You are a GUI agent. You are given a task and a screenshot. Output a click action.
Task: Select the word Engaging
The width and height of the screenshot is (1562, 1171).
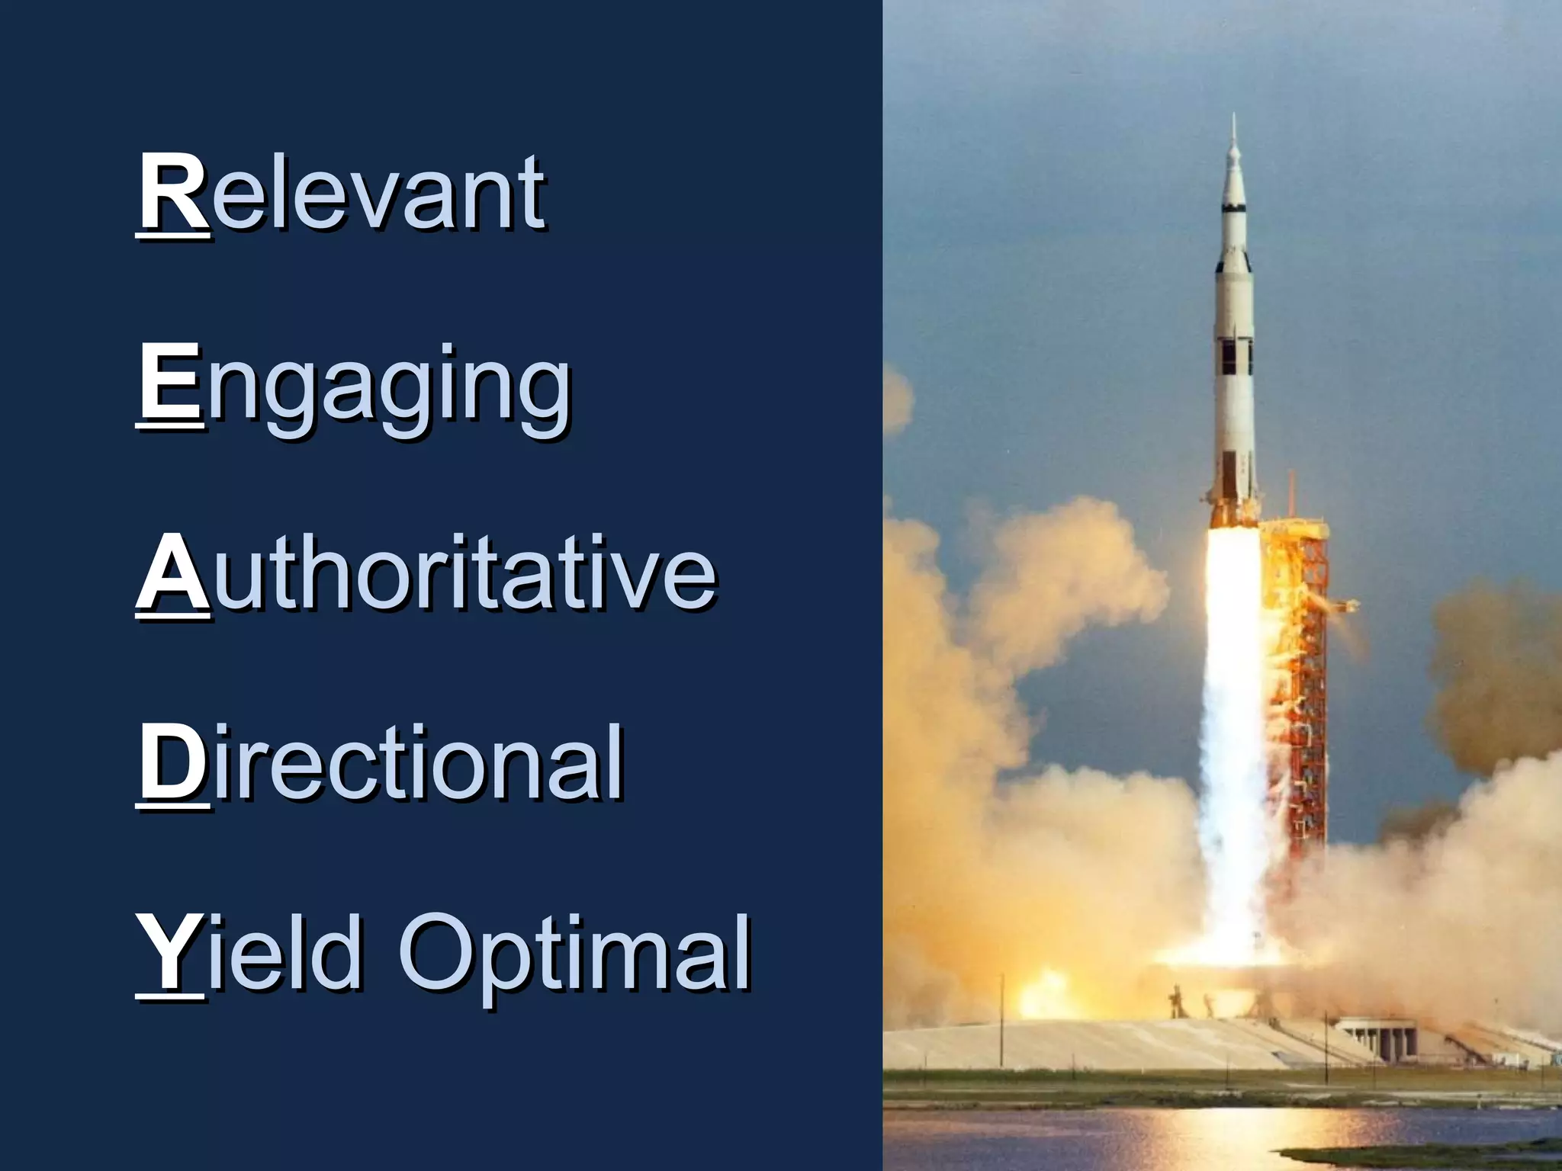click(354, 385)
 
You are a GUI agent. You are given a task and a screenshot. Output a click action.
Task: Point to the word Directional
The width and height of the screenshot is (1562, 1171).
click(381, 764)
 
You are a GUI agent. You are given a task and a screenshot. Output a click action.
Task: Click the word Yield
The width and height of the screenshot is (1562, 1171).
click(248, 953)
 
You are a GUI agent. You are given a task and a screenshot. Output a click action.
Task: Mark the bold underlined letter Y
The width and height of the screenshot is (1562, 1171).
click(169, 953)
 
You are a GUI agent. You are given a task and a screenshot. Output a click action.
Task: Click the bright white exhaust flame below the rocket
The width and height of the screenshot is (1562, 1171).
click(1231, 724)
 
